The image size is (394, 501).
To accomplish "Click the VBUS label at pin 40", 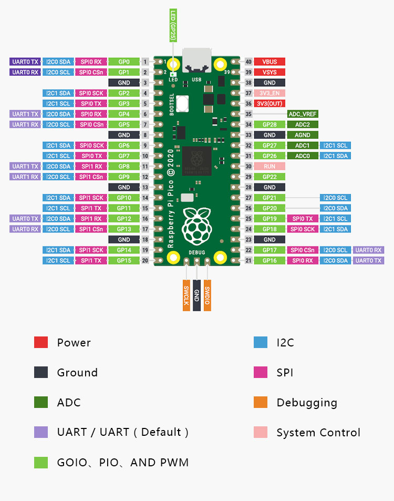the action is (x=269, y=62).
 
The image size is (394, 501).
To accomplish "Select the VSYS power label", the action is (x=269, y=72).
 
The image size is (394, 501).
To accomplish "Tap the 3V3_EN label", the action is (x=269, y=93).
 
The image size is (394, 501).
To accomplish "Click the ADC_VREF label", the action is (x=303, y=114).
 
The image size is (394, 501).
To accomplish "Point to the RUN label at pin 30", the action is (x=269, y=166).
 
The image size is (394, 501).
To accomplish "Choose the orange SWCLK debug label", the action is (x=186, y=295).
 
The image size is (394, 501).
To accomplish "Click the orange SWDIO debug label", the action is (x=207, y=295).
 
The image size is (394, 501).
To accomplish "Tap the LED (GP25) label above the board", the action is (x=173, y=25).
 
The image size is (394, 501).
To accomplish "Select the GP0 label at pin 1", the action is (x=124, y=62).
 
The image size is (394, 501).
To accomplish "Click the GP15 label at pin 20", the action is (x=124, y=260).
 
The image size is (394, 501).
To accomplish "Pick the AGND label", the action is (x=303, y=135).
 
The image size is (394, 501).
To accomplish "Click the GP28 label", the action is (x=269, y=124).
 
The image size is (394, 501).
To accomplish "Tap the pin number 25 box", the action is (x=248, y=219).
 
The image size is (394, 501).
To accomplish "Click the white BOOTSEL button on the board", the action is (x=182, y=104).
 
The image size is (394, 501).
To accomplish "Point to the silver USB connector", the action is (x=196, y=60).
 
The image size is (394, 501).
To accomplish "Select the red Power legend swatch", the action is (x=41, y=342).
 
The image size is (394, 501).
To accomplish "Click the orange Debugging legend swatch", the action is (x=261, y=402).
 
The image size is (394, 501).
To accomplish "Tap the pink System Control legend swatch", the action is (x=261, y=432).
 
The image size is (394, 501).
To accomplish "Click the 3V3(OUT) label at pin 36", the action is (x=269, y=104).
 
